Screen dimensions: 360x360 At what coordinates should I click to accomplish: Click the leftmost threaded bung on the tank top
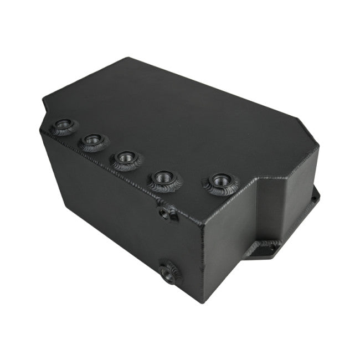coord(63,127)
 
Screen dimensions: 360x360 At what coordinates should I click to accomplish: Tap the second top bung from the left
coord(94,141)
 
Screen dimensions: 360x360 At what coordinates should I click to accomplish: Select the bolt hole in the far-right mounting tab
coord(316,196)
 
